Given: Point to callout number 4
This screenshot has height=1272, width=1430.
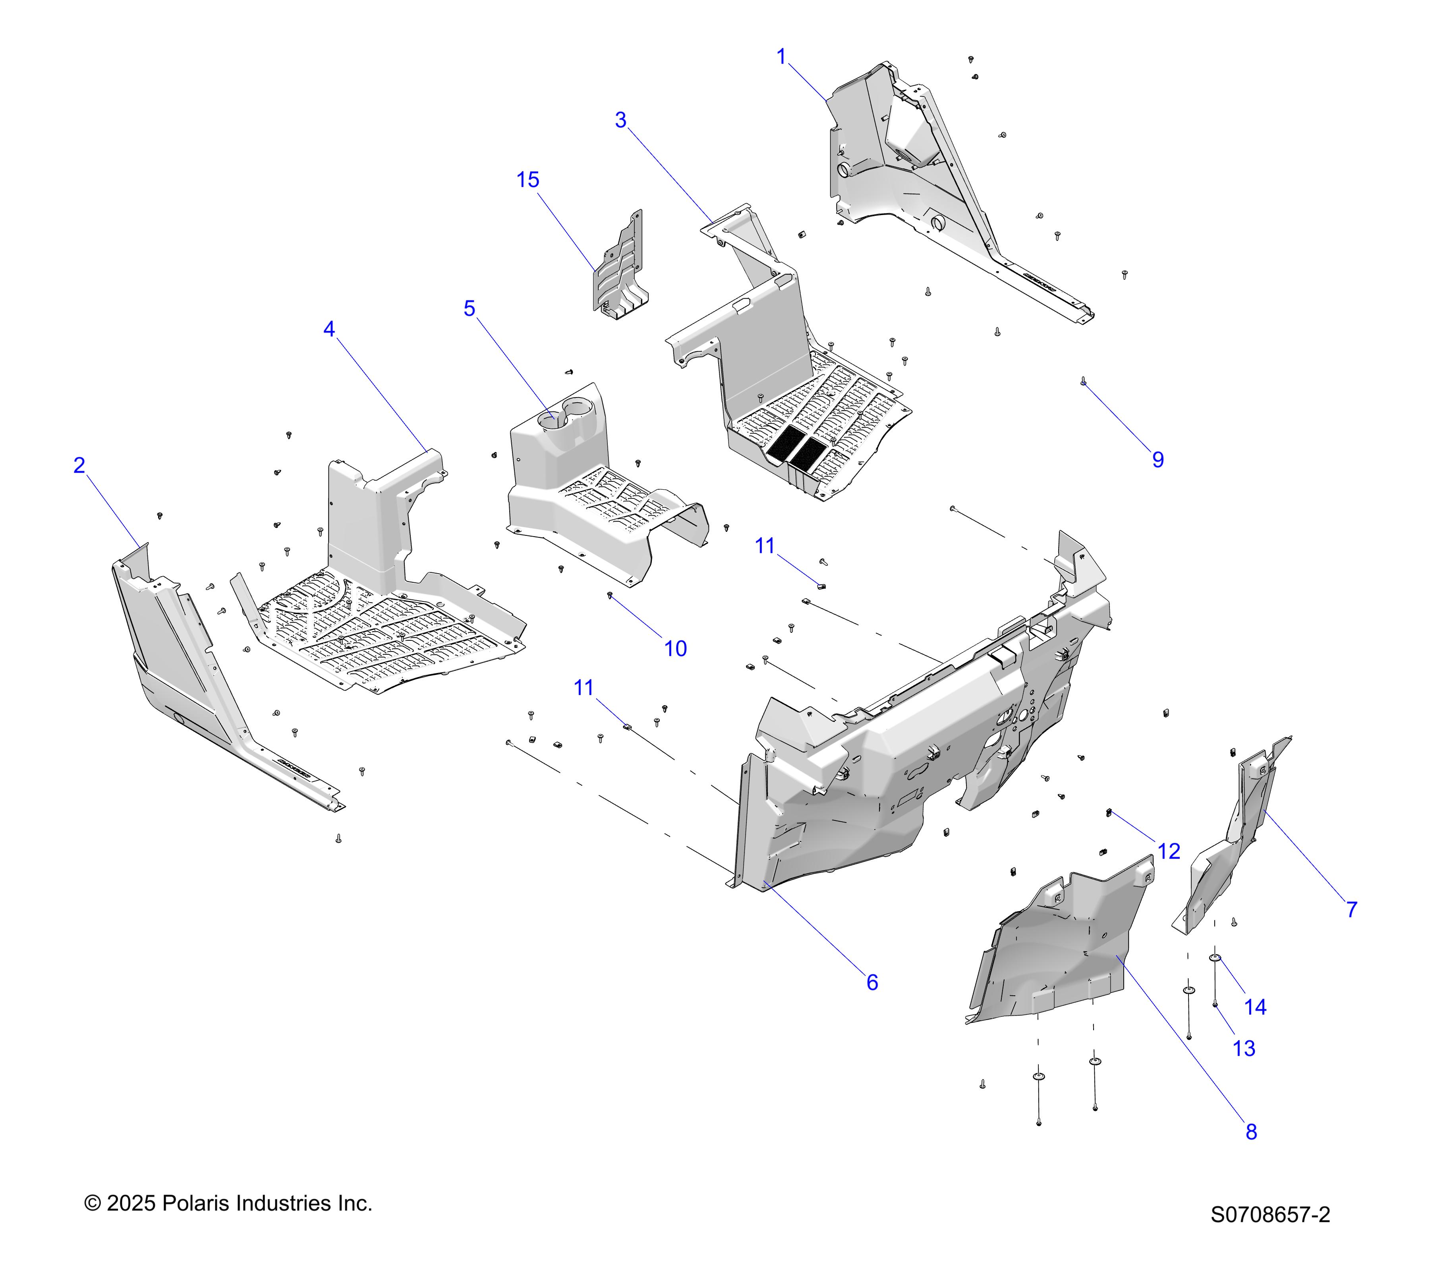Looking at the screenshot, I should [329, 329].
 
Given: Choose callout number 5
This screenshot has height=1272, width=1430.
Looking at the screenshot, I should [470, 309].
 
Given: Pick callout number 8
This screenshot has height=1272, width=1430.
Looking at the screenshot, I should [1251, 1132].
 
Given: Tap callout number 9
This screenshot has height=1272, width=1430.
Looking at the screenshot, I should [1158, 460].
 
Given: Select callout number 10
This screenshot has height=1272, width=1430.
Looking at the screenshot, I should [675, 649].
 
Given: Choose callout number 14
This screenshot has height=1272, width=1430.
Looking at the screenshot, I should [1255, 1007].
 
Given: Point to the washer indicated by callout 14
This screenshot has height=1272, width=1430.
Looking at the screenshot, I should [1215, 958].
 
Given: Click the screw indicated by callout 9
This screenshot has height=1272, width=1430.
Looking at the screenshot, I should [1083, 382].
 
